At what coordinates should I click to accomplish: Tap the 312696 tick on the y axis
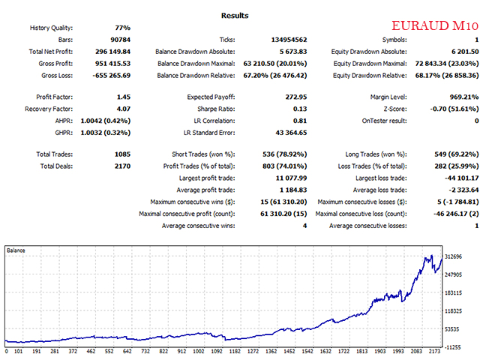[456, 257]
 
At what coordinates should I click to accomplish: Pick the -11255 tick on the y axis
[454, 347]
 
